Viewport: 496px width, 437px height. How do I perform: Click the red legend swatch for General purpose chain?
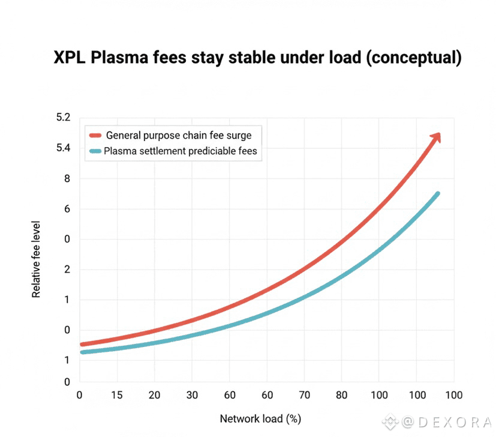pos(95,136)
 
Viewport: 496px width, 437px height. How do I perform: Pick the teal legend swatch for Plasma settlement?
pos(95,151)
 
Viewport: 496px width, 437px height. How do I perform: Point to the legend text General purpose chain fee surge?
pos(179,136)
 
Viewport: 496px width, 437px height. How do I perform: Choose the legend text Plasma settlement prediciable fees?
pos(180,151)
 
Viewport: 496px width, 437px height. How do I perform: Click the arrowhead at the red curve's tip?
pos(437,137)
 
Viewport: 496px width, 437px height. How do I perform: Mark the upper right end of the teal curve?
pos(437,194)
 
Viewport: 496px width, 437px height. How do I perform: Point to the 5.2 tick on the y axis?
pos(64,118)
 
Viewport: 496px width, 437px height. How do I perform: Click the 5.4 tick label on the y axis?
pos(64,148)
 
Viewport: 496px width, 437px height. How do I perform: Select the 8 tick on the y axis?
pos(67,178)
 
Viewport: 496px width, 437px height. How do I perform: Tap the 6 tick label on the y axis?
pos(67,209)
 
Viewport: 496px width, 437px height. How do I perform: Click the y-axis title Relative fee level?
pos(37,259)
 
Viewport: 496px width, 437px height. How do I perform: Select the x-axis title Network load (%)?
pos(260,418)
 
